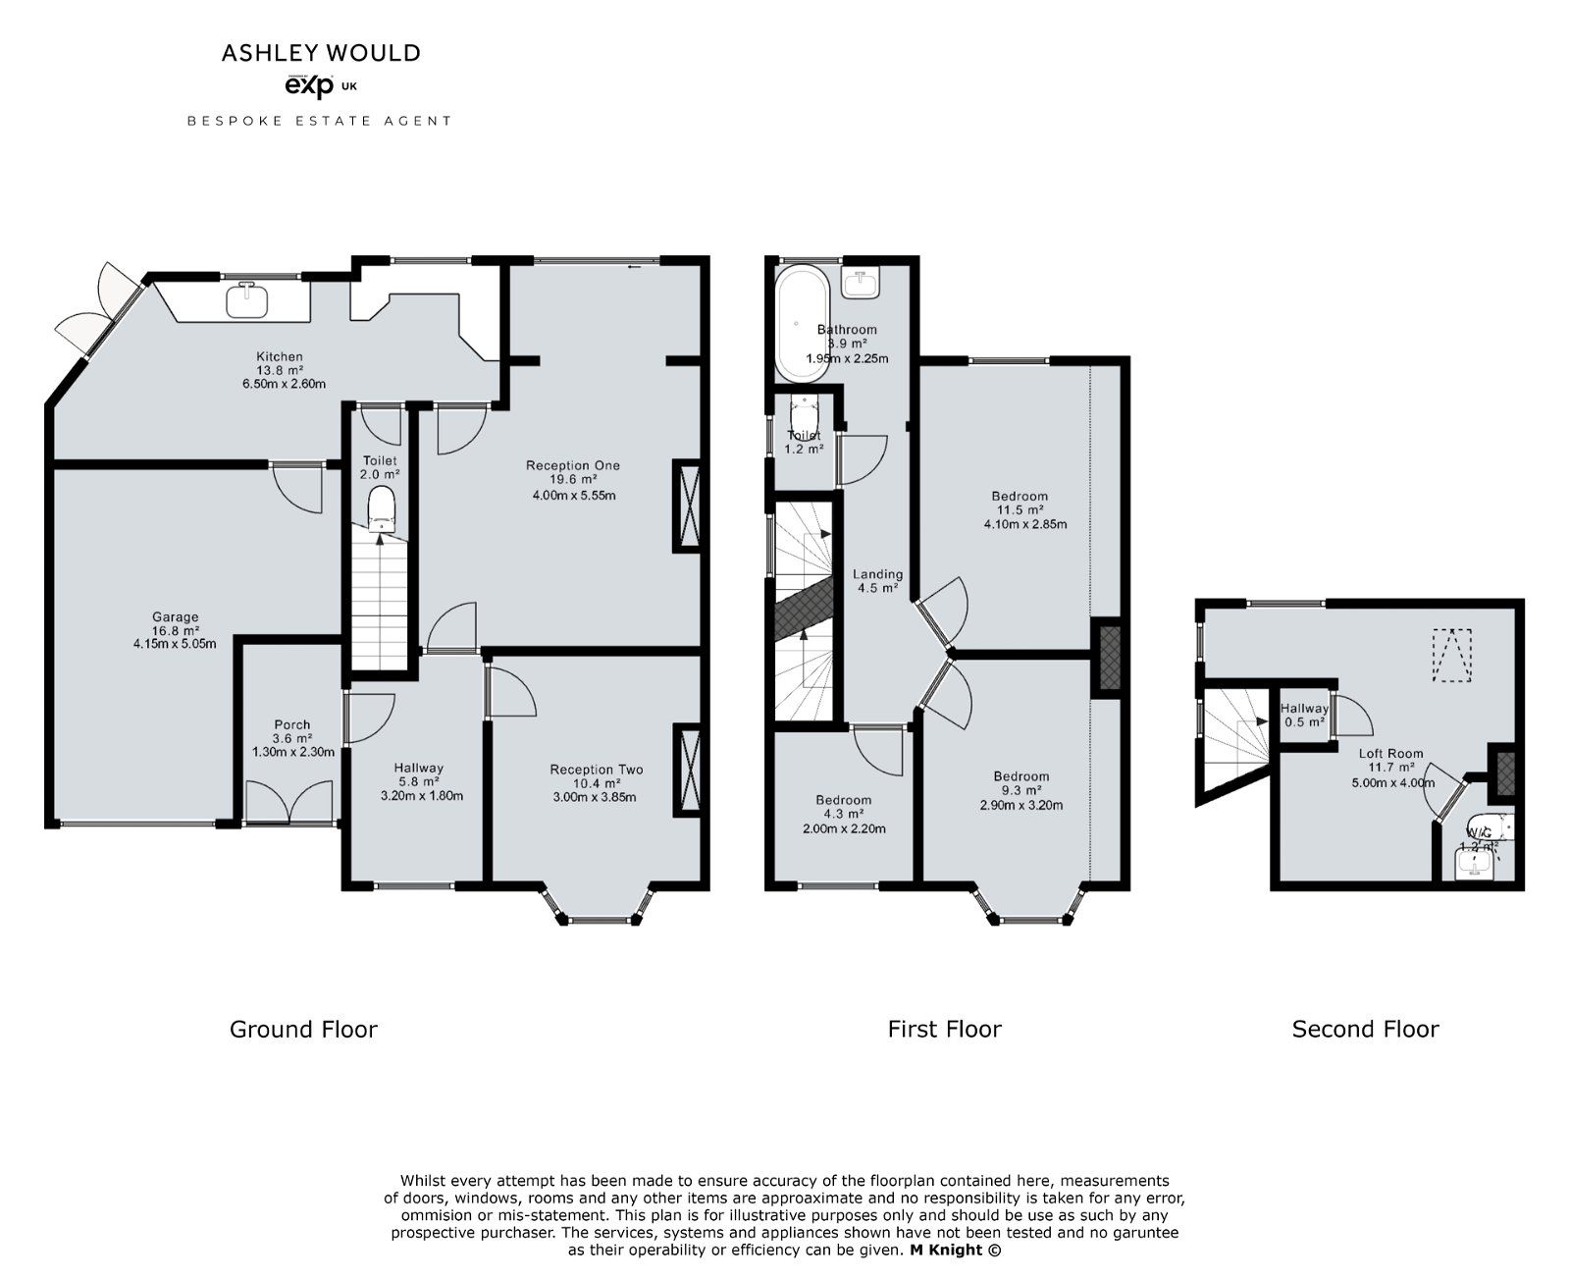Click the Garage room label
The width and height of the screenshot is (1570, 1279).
[x=175, y=617]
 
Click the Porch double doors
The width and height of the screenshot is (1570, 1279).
[x=289, y=801]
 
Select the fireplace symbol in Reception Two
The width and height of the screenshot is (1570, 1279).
[x=687, y=770]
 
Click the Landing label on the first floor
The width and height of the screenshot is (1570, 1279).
[x=877, y=574]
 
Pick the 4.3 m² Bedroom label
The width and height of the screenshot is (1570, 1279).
[x=843, y=800]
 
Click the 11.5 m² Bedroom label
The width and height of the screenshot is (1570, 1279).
[x=1020, y=497]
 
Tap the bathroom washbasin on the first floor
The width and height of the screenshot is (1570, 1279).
[x=861, y=283]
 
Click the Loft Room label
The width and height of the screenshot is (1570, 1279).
[x=1390, y=754]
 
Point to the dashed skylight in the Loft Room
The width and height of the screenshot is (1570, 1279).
[x=1452, y=654]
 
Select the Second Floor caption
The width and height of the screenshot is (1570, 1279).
[x=1365, y=1029]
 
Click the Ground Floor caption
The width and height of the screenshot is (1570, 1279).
[x=303, y=1029]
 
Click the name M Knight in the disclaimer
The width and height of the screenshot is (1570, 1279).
[x=946, y=1250]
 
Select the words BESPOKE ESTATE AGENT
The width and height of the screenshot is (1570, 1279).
[x=320, y=121]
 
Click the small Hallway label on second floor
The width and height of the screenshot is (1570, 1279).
[x=1304, y=708]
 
